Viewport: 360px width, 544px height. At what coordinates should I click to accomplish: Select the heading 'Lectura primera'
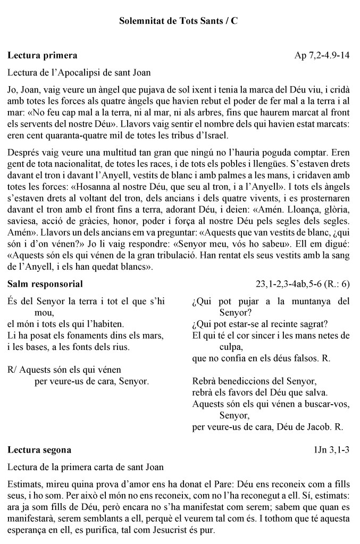43,55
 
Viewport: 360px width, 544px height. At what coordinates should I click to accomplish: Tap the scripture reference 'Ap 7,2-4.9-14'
322,55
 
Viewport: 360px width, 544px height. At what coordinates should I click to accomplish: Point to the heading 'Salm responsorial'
45,284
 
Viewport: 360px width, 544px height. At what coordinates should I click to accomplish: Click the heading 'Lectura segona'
39,450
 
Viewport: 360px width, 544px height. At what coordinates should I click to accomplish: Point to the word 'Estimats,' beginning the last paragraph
26,484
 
